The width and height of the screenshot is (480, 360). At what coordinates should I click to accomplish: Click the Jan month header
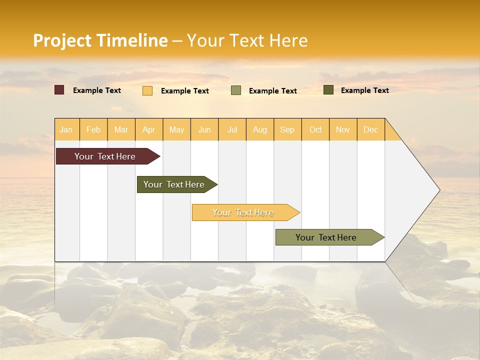coord(66,129)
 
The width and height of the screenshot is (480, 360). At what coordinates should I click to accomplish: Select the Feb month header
coord(93,129)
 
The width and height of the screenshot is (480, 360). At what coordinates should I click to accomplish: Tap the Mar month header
coord(121,129)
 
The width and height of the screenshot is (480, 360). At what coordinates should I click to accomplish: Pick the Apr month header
coord(149,129)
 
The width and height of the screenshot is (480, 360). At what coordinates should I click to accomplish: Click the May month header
coord(176,129)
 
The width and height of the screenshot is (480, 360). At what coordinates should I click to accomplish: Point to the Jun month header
coord(204,129)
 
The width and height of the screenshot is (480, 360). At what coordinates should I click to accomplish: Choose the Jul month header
coord(232,129)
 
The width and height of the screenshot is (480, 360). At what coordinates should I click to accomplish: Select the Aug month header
coord(260,129)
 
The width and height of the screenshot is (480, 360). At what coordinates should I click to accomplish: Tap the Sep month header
coord(287,129)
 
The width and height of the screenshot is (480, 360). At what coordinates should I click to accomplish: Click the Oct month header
coord(315,129)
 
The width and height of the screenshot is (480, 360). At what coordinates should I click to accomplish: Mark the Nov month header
coord(343,129)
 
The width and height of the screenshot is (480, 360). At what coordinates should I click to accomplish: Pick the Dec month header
coord(371,129)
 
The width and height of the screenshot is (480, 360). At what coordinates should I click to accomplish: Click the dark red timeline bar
coord(105,156)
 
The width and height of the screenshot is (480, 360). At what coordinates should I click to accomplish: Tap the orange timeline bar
coord(243,212)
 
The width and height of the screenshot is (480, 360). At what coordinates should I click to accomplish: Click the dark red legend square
coord(59,90)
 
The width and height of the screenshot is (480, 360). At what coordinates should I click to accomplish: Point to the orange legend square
coord(147,90)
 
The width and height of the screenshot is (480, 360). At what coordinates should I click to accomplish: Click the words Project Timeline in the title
coord(100,40)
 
